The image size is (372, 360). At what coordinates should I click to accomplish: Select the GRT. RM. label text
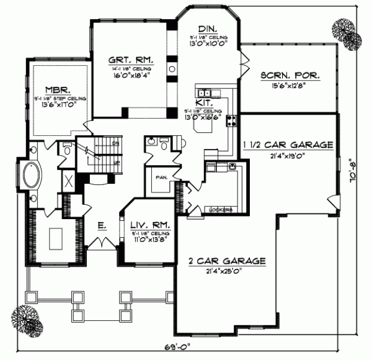[x=131, y=60]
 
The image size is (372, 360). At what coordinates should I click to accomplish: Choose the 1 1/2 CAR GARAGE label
[x=289, y=145]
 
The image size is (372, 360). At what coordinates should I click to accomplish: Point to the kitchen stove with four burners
[x=232, y=119]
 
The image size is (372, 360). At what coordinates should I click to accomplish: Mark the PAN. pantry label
[x=161, y=178]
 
